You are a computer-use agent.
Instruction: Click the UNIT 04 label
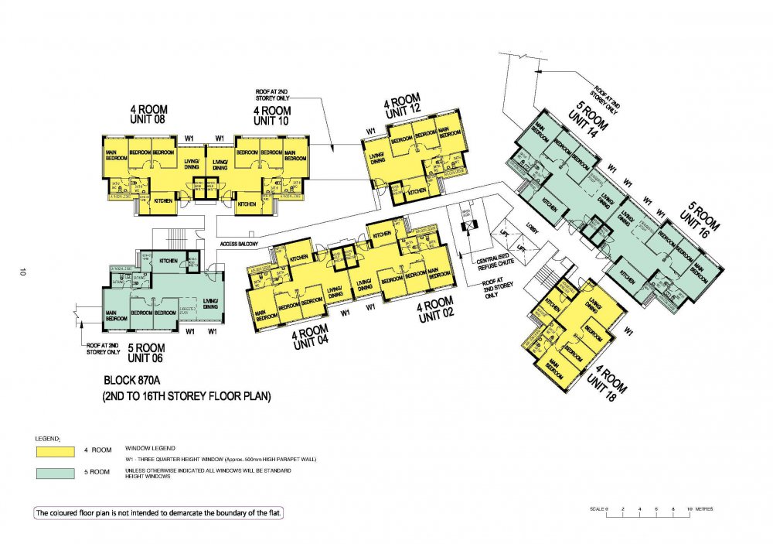(312, 344)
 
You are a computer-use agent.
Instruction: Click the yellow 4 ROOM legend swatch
(55, 450)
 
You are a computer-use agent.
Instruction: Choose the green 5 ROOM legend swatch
(55, 472)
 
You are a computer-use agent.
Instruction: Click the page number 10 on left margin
(23, 272)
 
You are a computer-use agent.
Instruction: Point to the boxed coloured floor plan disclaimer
(158, 514)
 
